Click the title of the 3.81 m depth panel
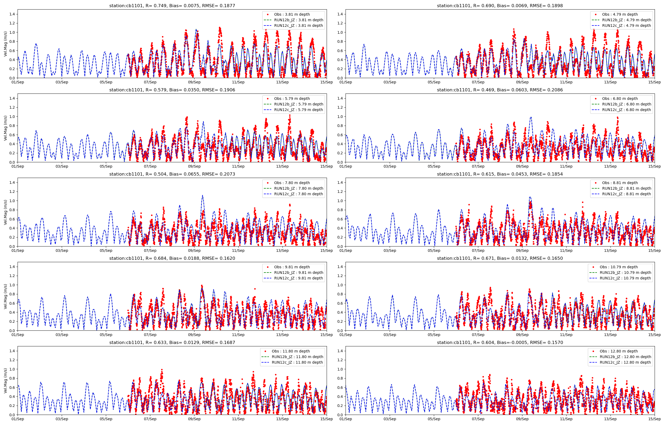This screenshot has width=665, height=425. (172, 6)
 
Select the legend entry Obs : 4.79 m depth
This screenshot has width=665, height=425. (620, 14)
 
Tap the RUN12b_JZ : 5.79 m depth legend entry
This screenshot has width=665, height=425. (298, 104)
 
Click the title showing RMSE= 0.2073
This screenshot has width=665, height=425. (172, 174)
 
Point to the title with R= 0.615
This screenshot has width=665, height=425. (500, 174)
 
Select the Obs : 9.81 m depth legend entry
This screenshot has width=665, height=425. (292, 267)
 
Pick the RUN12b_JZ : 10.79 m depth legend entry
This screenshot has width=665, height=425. (625, 273)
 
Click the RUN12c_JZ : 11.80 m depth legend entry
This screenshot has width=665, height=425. (297, 362)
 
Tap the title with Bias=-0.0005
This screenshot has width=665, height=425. (500, 342)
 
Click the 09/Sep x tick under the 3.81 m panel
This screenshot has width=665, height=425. (194, 82)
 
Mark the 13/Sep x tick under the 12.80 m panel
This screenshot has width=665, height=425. (610, 419)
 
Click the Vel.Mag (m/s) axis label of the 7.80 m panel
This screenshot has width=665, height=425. (6, 212)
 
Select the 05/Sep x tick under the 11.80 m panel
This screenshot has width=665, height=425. (106, 419)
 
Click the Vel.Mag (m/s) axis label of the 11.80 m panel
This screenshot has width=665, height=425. (6, 381)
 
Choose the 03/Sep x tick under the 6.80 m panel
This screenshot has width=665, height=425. (389, 166)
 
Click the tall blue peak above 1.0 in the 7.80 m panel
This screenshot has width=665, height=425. (202, 196)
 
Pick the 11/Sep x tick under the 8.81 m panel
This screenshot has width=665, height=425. (566, 250)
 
